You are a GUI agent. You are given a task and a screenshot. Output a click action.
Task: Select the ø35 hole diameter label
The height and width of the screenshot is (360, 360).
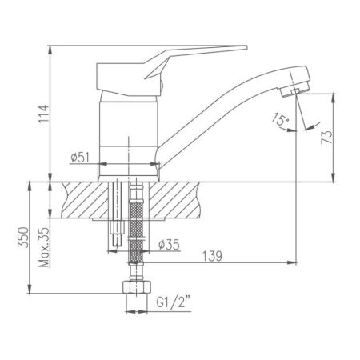[x=168, y=245]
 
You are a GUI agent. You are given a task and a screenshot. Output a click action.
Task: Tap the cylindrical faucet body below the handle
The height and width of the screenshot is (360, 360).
[x=129, y=120]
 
